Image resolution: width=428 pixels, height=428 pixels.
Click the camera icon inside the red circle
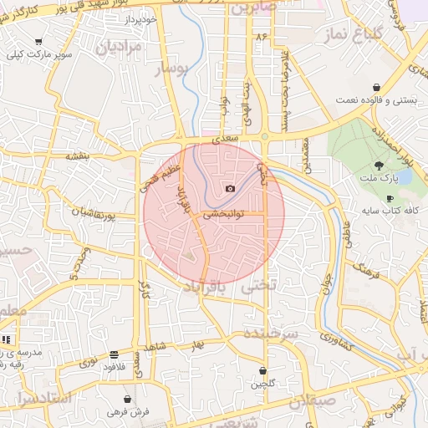click(231, 189)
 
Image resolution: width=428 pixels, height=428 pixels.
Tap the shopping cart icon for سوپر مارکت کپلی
click(38, 41)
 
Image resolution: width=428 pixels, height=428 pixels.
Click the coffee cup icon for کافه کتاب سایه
click(390, 198)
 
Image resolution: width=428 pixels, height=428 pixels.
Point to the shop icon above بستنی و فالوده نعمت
click(377, 87)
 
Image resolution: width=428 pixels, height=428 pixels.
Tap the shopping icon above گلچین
click(263, 370)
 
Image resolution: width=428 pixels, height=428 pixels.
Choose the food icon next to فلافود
click(114, 354)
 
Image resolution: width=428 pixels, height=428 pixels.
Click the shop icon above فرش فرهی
click(127, 399)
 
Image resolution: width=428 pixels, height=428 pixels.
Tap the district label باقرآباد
click(202, 286)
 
